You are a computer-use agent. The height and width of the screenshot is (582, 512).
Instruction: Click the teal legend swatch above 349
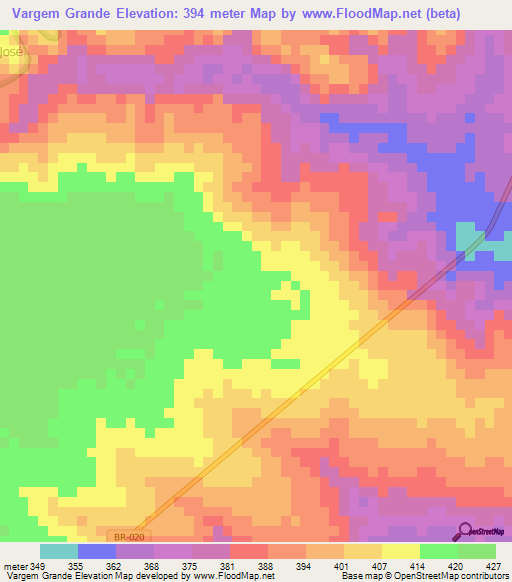click(59, 551)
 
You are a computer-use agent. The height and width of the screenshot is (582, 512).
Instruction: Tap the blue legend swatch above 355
click(97, 551)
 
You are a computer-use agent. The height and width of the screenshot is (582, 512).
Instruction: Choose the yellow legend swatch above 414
click(400, 551)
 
